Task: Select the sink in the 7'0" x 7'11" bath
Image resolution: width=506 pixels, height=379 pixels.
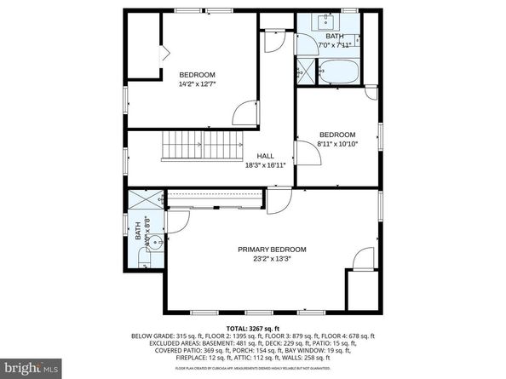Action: pyautogui.click(x=326, y=21)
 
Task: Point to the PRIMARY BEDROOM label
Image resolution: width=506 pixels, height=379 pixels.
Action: pyautogui.click(x=272, y=250)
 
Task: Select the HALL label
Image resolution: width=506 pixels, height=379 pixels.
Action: pyautogui.click(x=265, y=156)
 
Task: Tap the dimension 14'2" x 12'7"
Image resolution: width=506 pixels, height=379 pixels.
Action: pyautogui.click(x=197, y=84)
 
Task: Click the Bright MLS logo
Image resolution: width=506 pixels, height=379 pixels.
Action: pyautogui.click(x=31, y=368)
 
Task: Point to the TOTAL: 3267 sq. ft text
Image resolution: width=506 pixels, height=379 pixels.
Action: pyautogui.click(x=252, y=328)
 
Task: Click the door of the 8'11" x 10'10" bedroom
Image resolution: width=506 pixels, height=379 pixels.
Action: pyautogui.click(x=303, y=153)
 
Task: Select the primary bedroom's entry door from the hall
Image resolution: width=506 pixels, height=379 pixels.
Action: pyautogui.click(x=279, y=200)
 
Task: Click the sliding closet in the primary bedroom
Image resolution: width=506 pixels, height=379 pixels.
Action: pyautogui.click(x=213, y=199)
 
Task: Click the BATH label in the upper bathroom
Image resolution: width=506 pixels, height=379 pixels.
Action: pyautogui.click(x=335, y=36)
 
